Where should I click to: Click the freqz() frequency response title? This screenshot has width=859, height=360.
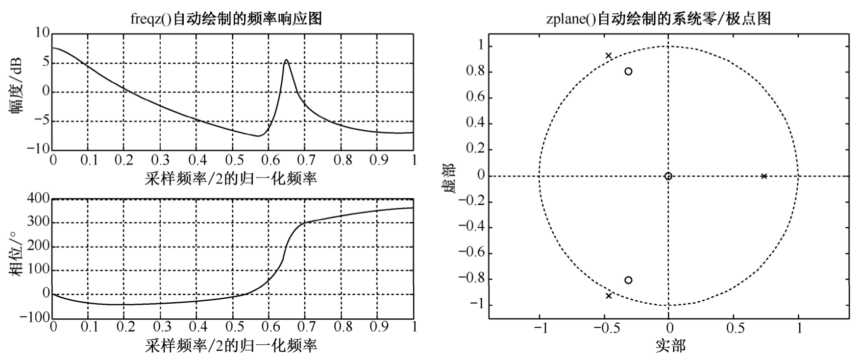pos(226,19)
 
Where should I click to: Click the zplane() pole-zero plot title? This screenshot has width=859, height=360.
pos(659,19)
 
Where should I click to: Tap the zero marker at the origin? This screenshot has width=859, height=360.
pos(668,176)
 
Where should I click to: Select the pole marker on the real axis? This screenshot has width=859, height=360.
pos(763,176)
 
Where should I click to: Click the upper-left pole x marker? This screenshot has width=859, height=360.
pos(609,56)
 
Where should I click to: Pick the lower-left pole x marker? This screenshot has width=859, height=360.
pos(609,296)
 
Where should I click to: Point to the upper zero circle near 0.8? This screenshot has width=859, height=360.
pos(628,72)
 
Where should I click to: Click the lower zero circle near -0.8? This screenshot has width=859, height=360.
pos(628,280)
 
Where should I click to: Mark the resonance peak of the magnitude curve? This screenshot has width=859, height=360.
pos(286,60)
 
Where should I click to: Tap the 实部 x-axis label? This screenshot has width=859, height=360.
pos(670,346)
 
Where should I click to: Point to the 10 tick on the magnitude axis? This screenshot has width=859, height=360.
pos(43,33)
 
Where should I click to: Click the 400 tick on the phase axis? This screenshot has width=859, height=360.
pos(39,198)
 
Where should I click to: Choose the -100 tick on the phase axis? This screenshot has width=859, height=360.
pos(35,317)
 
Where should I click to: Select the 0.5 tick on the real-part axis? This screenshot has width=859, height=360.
pos(733,328)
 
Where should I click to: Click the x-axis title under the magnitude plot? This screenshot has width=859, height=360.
pos(231,178)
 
